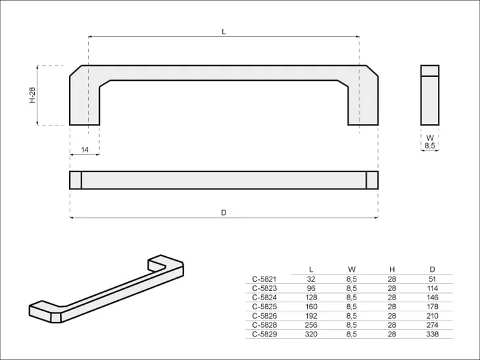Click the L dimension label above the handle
pos(224,32)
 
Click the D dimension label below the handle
pos(224,213)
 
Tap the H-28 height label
pos(32,95)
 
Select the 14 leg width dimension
pos(85,150)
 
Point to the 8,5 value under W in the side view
pos(430,146)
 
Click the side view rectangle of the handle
pos(430,95)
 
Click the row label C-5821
pos(264,279)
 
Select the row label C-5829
pos(264,334)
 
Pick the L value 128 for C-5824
pos(311,298)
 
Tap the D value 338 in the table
pos(432,334)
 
